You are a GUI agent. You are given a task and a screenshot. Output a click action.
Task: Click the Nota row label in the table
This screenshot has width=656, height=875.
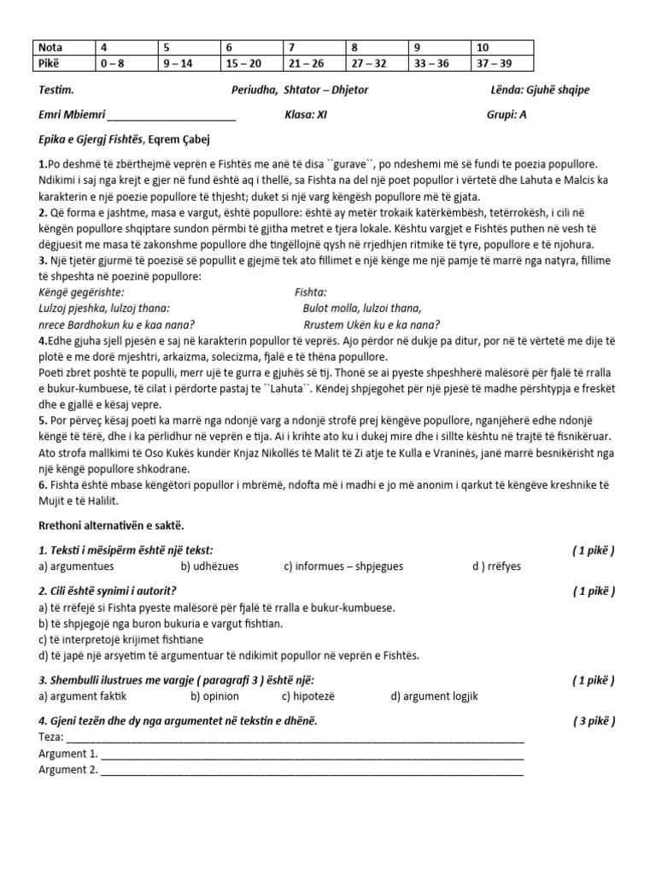51,48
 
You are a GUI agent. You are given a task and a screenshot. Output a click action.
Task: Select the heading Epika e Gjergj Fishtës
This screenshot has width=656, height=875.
92,138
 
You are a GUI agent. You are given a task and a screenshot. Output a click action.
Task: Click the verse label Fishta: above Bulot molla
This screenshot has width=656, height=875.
310,293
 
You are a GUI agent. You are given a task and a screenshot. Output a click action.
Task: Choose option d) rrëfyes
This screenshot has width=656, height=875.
496,566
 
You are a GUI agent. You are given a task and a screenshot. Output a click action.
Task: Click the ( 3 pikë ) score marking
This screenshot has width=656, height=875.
594,721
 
